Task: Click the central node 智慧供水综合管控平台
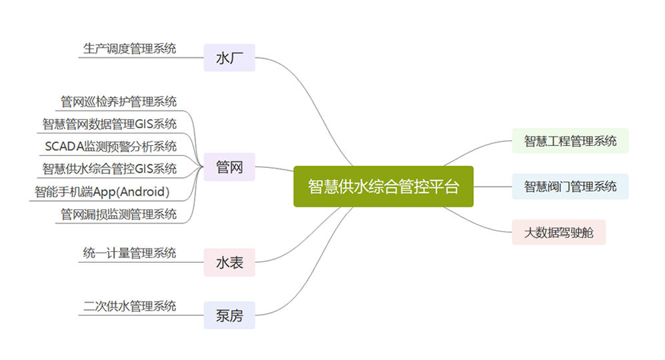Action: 384,187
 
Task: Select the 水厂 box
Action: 229,58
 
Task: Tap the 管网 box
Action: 229,167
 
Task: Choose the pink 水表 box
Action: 229,263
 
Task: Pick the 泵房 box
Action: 229,315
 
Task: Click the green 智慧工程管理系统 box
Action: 570,141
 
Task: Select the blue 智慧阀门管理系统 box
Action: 570,186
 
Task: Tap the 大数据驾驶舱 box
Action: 559,233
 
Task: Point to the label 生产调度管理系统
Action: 129,49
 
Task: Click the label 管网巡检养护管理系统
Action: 118,102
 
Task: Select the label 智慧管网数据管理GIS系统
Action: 109,124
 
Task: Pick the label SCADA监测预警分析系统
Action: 111,147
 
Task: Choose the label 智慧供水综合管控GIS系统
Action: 109,169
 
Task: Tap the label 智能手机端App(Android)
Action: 102,192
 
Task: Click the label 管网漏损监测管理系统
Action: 118,214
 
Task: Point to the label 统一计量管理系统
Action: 129,253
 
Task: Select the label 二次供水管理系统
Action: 129,306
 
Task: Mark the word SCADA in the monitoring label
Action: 65,147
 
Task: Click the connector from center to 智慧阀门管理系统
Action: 493,187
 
